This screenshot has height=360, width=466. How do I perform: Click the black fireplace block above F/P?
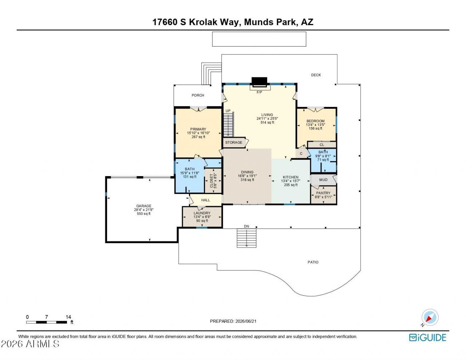[x=259, y=82]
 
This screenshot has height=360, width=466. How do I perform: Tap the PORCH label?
[x=198, y=95]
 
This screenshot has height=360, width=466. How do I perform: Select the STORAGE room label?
[x=234, y=142]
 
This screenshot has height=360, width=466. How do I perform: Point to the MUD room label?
[x=323, y=180]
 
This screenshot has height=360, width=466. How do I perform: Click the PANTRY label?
[x=323, y=193]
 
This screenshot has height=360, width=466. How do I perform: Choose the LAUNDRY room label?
[x=202, y=213]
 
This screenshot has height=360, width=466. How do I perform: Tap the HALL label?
[x=205, y=200]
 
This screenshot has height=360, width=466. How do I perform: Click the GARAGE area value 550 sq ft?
[x=144, y=214]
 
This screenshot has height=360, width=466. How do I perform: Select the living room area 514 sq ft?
[x=267, y=122]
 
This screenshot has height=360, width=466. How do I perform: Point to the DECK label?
[x=316, y=75]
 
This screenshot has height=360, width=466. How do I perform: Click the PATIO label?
[x=313, y=262]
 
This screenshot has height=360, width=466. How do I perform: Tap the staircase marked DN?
[x=246, y=238]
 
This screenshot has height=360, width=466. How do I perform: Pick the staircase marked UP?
[x=229, y=124]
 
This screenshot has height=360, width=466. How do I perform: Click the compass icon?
[x=430, y=317]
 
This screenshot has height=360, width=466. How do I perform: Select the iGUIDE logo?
[x=428, y=337]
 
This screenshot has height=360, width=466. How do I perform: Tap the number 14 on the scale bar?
[x=68, y=317]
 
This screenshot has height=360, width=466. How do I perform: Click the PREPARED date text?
[x=233, y=321]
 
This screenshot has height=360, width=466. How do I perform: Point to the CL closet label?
[x=322, y=145]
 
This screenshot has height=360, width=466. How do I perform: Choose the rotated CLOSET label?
[x=213, y=181]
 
